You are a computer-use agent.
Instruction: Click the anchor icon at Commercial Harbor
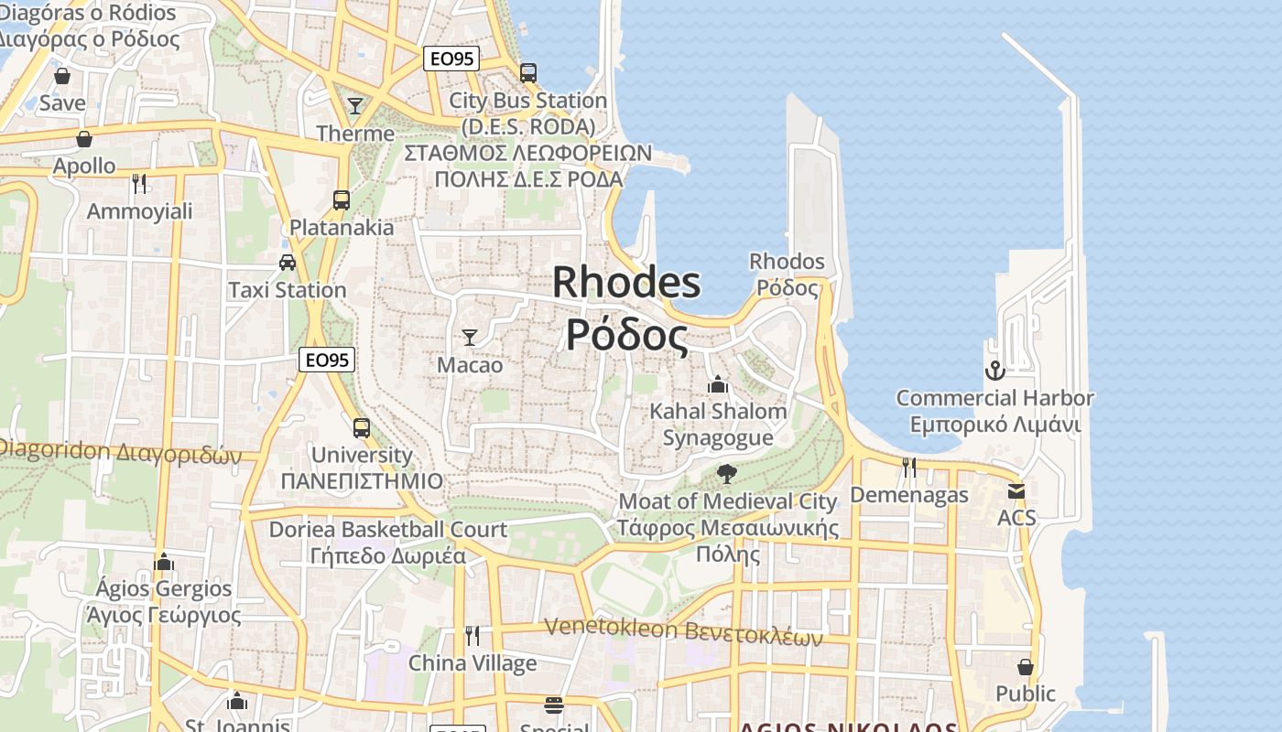[994, 371]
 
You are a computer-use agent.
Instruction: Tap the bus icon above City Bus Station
[527, 72]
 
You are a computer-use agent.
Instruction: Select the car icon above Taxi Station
[288, 263]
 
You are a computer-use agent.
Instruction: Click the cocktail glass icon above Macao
[470, 337]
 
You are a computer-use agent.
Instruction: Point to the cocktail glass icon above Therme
[355, 106]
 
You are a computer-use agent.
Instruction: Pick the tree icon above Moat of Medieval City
[727, 473]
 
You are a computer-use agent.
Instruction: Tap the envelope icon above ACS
[1016, 490]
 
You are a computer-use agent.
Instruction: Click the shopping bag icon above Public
[1026, 666]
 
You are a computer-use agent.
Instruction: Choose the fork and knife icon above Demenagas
[909, 467]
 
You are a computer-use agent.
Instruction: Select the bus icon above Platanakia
[342, 199]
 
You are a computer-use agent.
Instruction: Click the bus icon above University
[362, 427]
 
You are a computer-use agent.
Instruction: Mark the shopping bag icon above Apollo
[84, 139]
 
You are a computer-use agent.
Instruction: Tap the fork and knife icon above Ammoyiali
[139, 183]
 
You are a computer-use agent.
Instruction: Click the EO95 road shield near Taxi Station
[327, 360]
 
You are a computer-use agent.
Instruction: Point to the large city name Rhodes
[627, 282]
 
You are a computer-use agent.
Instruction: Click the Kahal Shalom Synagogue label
[718, 425]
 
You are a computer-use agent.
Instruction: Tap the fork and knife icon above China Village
[473, 635]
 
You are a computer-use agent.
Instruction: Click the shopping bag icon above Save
[62, 76]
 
